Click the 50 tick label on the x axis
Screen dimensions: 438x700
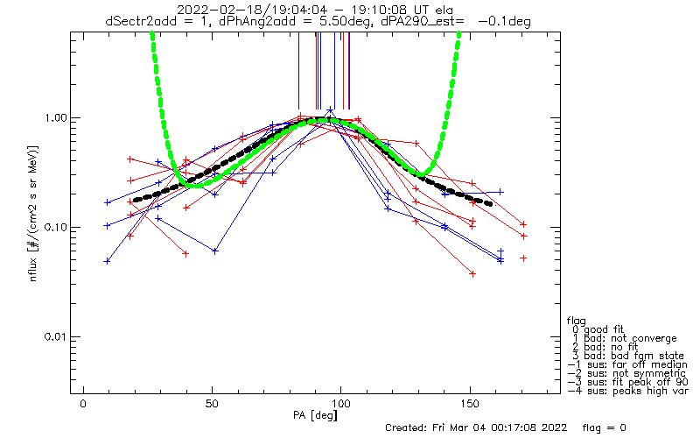(213, 404)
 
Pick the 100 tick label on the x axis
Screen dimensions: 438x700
(342, 404)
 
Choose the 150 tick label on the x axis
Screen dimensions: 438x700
(472, 404)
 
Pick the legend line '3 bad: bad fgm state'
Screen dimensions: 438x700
(627, 355)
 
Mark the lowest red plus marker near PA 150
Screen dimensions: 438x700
(472, 273)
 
